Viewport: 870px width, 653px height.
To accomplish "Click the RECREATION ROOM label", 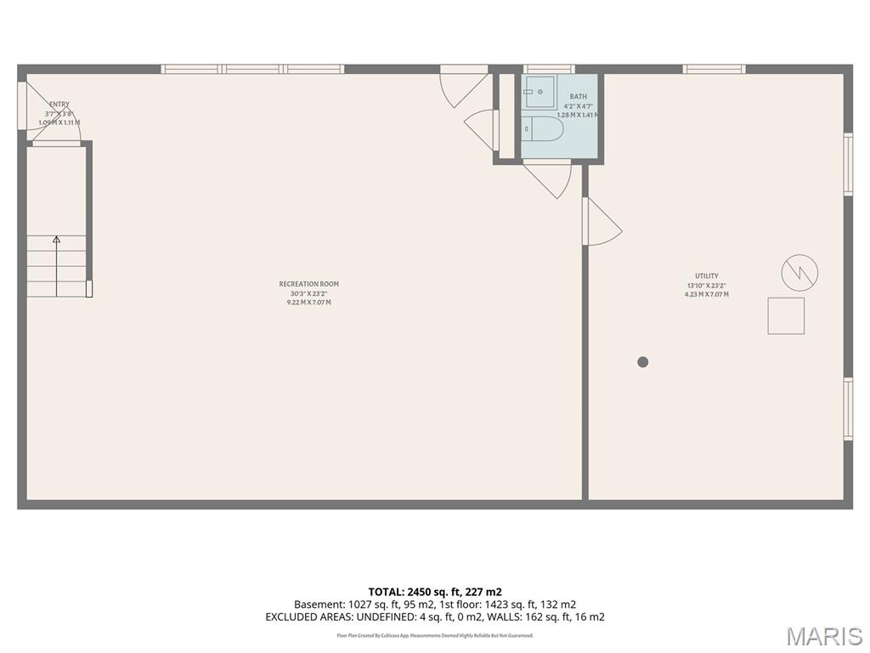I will point(308,284).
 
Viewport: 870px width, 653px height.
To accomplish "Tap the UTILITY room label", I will point(706,275).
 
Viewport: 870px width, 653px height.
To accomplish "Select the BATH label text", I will point(578,97).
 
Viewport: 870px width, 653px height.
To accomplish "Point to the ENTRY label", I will point(59,105).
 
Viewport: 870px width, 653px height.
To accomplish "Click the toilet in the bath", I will point(543,129).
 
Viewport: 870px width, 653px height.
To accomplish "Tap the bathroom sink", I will point(539,91).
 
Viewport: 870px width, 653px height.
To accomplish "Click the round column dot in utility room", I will point(643,361).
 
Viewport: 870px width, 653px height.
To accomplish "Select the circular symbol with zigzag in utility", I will point(799,273).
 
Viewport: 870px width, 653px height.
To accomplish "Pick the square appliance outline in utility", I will point(786,315).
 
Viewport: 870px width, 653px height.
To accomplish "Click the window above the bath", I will point(549,69).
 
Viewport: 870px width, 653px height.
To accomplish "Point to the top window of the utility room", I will point(714,69).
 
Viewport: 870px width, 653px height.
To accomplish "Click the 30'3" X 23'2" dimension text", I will point(308,293).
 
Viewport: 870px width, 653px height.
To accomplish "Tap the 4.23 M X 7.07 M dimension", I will point(706,294).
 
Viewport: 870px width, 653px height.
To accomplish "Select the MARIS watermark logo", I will point(823,635).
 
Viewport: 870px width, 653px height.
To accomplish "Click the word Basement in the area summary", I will point(319,605).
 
